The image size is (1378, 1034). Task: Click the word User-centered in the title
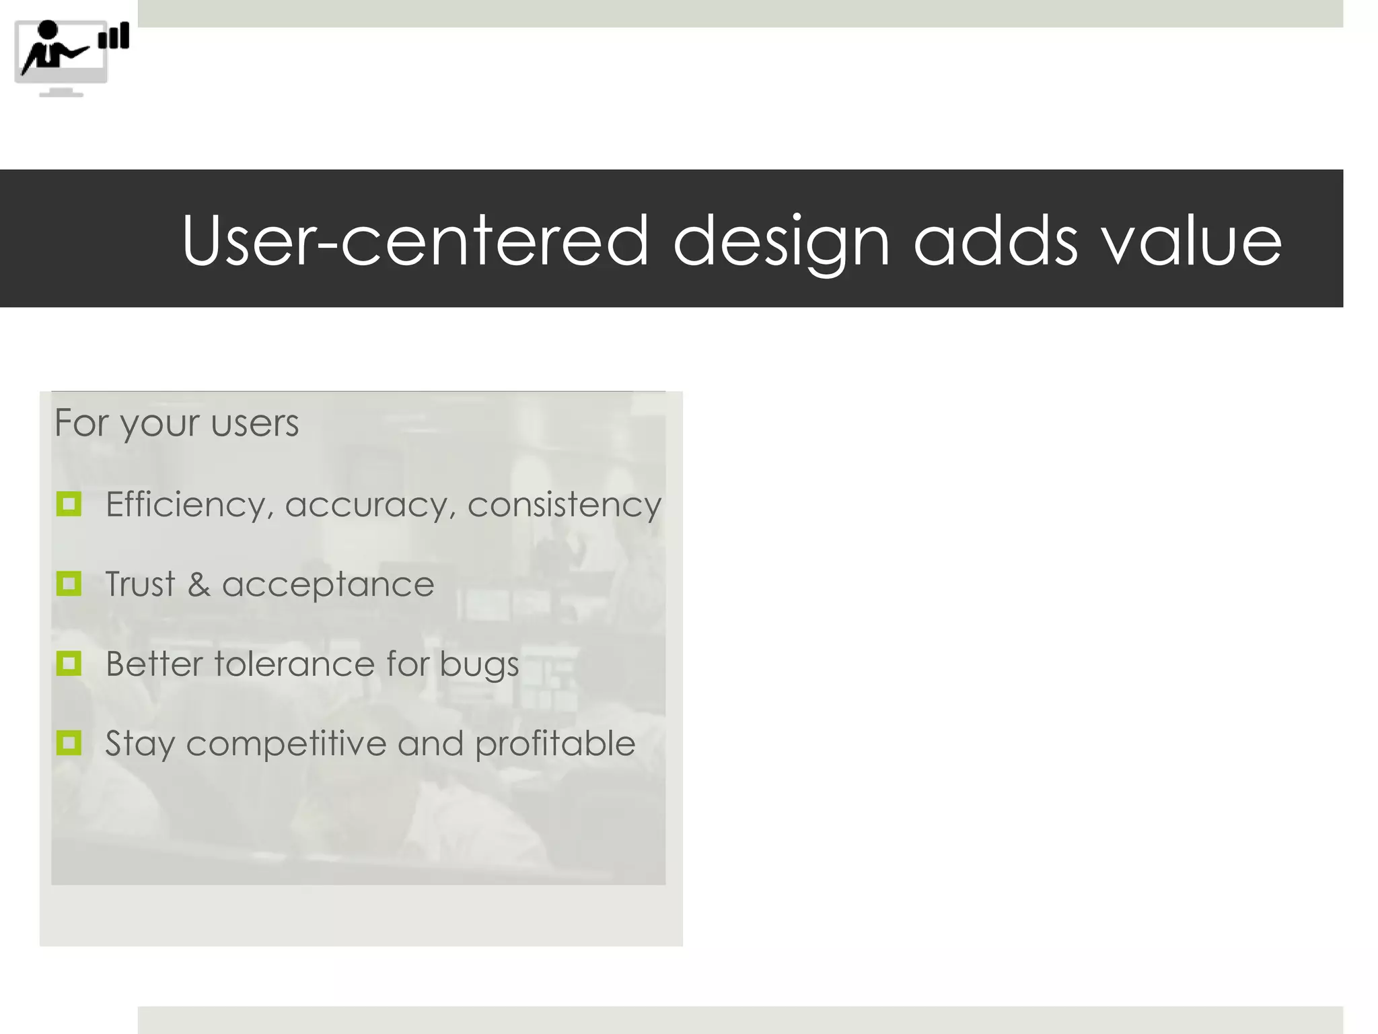point(414,240)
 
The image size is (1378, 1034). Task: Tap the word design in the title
point(781,240)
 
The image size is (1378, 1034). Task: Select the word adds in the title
point(995,240)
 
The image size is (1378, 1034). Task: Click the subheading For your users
point(176,423)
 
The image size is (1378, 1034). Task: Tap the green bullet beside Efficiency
point(69,504)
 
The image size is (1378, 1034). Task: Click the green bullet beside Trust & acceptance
point(69,584)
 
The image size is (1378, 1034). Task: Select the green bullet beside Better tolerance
point(69,663)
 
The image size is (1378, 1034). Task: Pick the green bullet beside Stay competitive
point(69,743)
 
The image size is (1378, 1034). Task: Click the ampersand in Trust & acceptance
point(198,584)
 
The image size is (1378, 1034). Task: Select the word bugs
point(479,665)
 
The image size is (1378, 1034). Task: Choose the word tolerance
point(294,664)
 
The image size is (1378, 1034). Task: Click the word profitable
point(555,745)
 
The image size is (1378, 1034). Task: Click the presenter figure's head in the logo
point(48,30)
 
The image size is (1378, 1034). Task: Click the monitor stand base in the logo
point(61,94)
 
